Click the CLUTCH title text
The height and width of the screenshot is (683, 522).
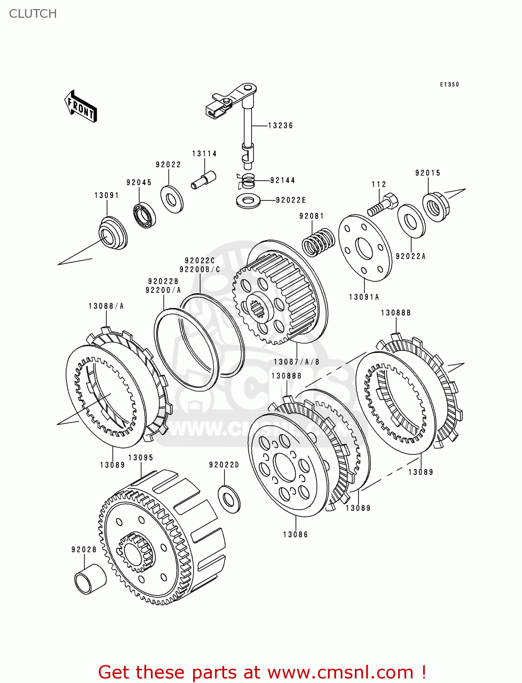[33, 14]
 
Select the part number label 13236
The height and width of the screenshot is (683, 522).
[280, 126]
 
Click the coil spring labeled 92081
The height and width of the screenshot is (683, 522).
[318, 241]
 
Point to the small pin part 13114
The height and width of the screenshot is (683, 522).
[203, 179]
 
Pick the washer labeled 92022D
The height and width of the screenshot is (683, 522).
[229, 499]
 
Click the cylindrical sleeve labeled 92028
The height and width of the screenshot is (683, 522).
[90, 579]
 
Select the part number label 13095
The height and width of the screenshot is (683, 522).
[141, 458]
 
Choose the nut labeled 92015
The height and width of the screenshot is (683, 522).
[434, 207]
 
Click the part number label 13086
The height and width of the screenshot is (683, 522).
[296, 535]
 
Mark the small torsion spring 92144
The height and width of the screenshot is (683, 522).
[247, 181]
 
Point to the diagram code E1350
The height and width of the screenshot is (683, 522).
[449, 85]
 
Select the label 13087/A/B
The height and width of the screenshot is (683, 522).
[297, 362]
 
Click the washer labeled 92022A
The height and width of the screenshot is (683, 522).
[411, 221]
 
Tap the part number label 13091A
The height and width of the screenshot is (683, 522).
[364, 297]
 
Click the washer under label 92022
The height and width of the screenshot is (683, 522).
[172, 199]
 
